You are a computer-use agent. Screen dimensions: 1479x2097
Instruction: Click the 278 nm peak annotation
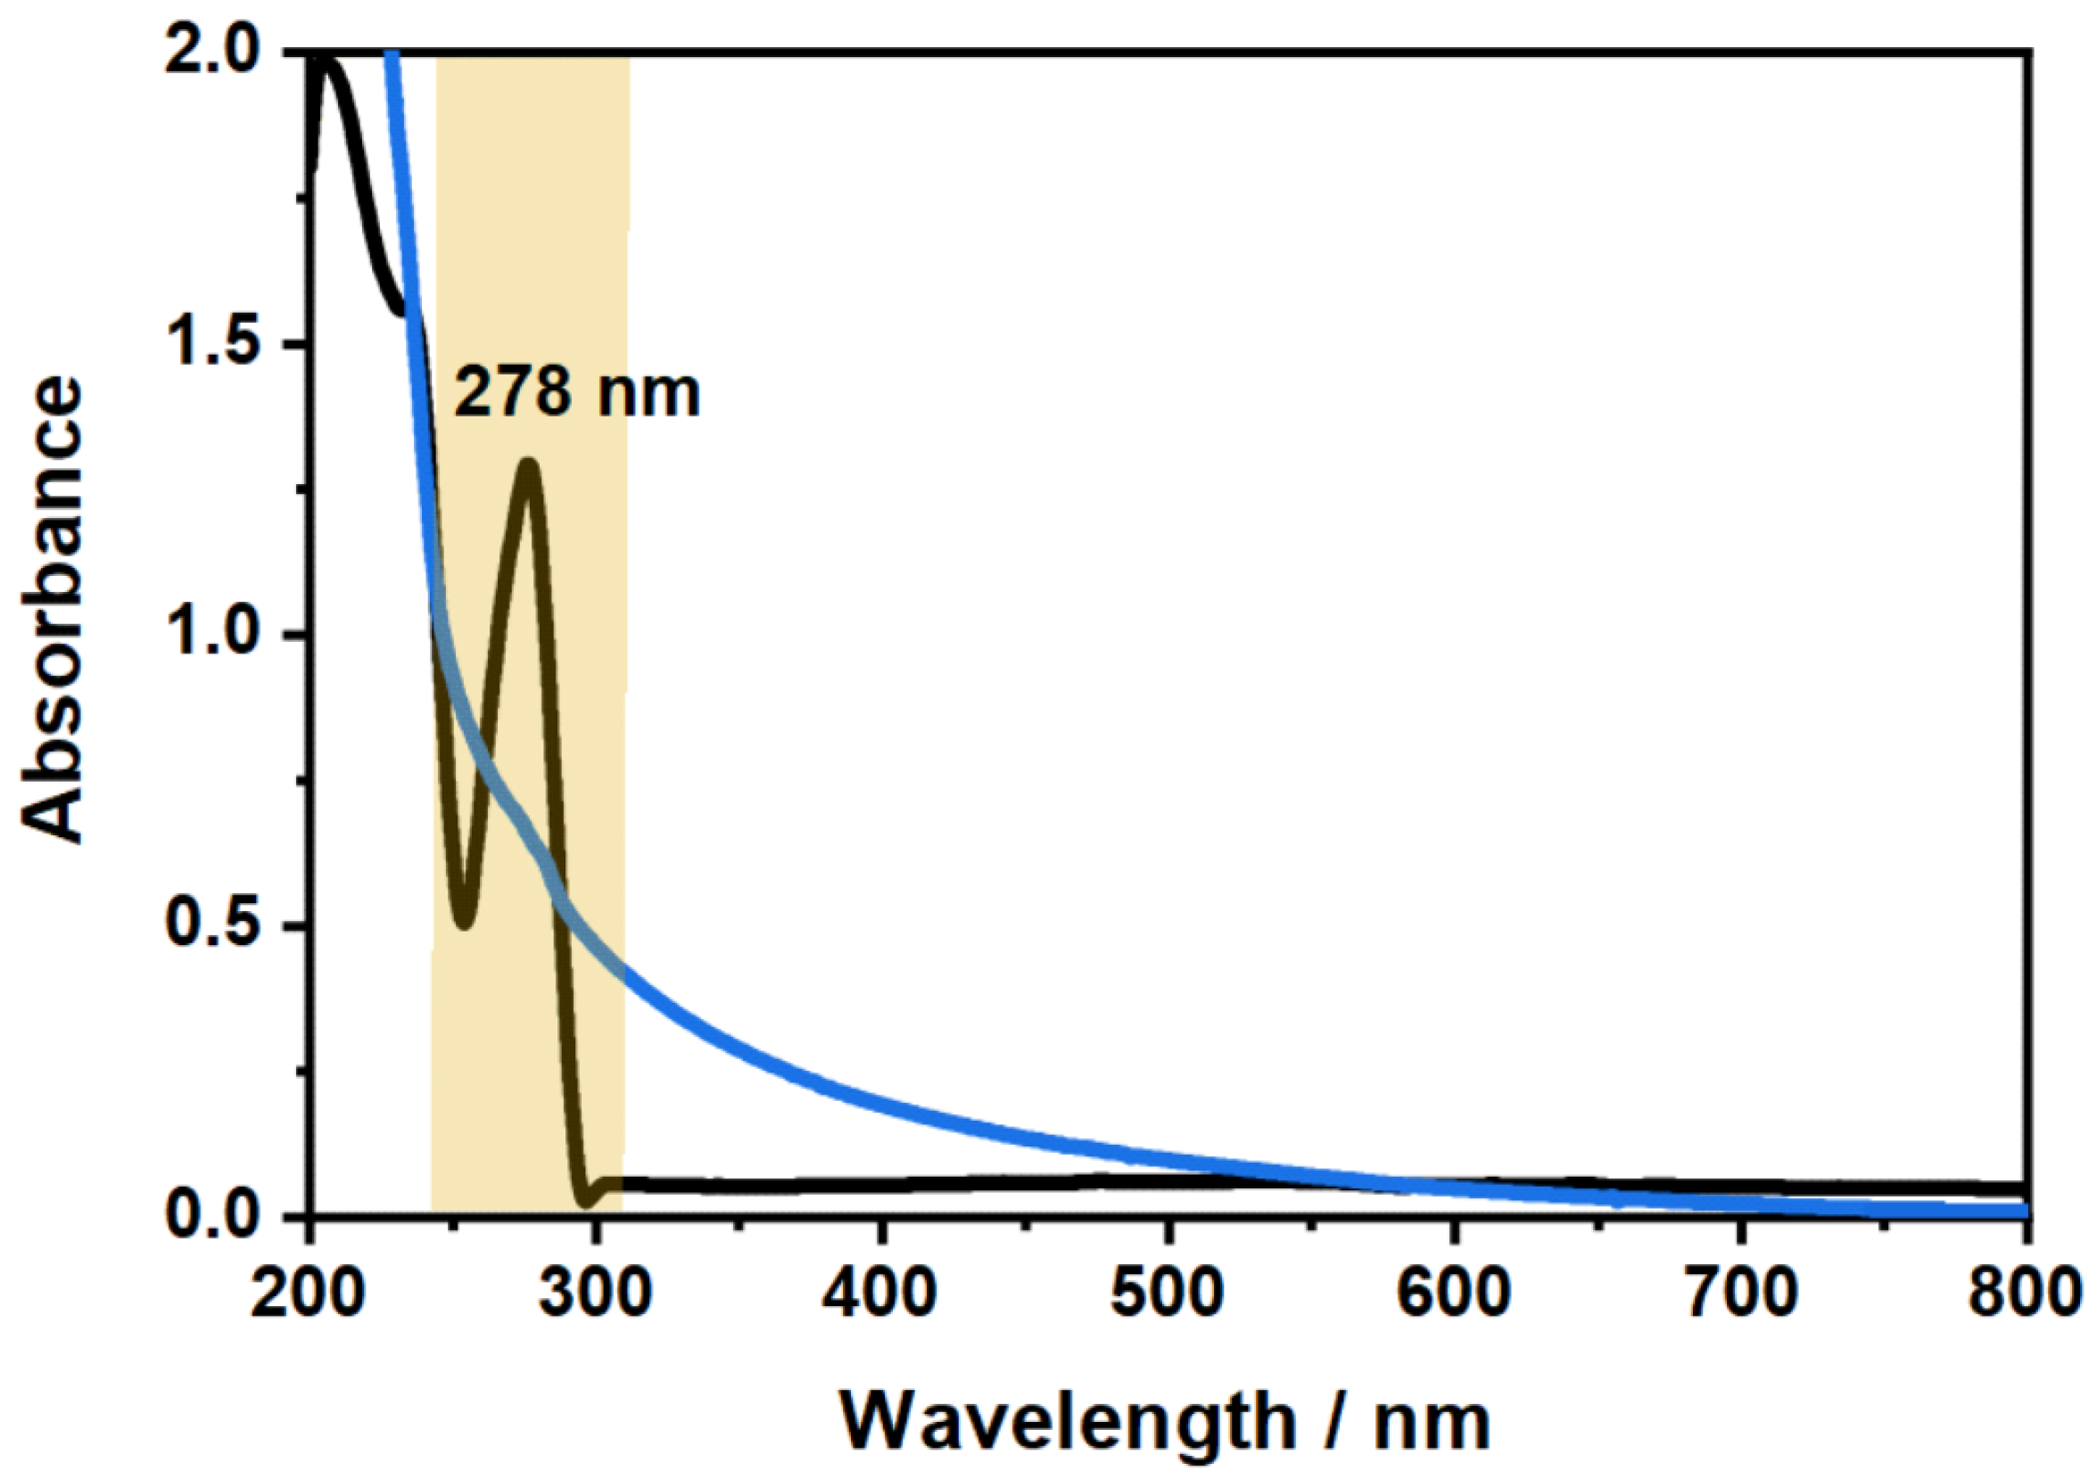[x=576, y=391]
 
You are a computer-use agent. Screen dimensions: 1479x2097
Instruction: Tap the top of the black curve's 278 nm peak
[x=528, y=464]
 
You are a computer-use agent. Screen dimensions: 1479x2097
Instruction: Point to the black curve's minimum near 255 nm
[x=465, y=922]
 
